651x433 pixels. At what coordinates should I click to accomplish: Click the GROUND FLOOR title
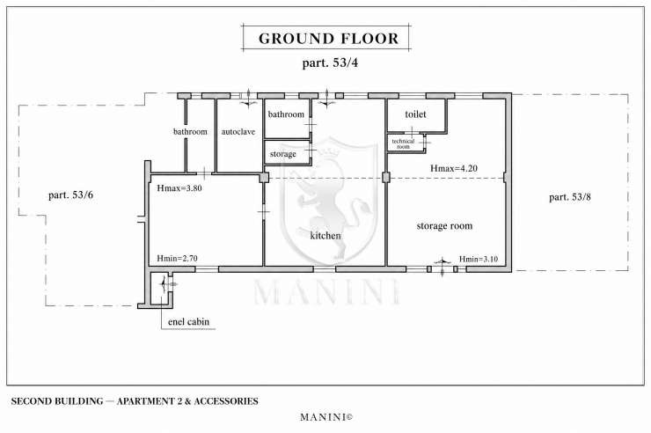(328, 39)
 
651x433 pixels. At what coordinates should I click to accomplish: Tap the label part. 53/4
(330, 63)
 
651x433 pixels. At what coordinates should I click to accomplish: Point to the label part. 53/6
(70, 195)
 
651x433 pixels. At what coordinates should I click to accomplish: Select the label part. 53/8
(570, 197)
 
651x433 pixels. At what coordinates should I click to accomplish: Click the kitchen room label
(325, 236)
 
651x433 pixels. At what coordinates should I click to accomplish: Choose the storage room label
(444, 226)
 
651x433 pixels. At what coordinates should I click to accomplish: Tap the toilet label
(415, 114)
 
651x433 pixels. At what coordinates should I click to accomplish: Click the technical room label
(403, 143)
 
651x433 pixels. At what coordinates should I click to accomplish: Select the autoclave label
(238, 132)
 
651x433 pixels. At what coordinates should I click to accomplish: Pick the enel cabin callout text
(188, 322)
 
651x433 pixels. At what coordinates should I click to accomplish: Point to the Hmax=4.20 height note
(454, 169)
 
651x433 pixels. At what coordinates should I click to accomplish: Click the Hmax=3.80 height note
(179, 188)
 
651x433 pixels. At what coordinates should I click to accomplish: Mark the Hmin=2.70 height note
(178, 258)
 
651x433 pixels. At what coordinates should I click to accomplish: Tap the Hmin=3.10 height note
(479, 259)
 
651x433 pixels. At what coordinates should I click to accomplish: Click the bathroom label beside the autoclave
(190, 132)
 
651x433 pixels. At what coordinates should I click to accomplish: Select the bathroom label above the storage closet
(286, 114)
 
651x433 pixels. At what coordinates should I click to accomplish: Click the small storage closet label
(282, 154)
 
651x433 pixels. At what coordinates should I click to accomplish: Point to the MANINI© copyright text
(326, 417)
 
